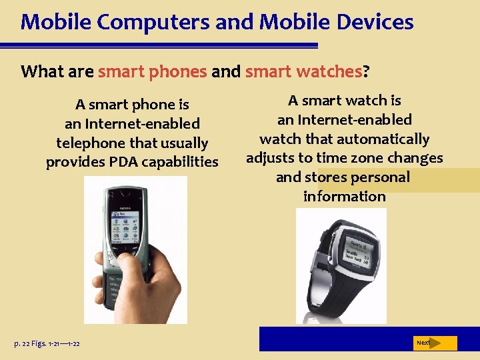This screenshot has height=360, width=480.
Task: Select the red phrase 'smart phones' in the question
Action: pyautogui.click(x=152, y=71)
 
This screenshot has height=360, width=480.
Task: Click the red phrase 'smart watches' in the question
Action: pyautogui.click(x=303, y=71)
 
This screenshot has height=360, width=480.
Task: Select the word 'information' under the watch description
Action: pyautogui.click(x=344, y=197)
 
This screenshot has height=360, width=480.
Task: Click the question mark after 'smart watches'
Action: pyautogui.click(x=366, y=71)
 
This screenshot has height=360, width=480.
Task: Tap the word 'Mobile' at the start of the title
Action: pyautogui.click(x=51, y=22)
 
